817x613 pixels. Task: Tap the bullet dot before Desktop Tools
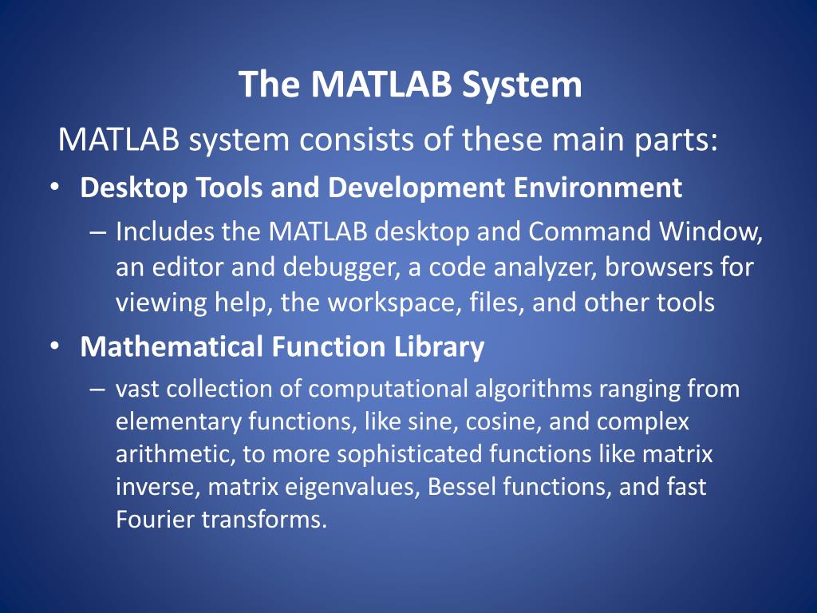click(53, 188)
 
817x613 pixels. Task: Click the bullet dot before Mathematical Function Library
click(53, 346)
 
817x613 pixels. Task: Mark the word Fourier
click(156, 520)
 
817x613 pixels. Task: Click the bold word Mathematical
click(172, 346)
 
